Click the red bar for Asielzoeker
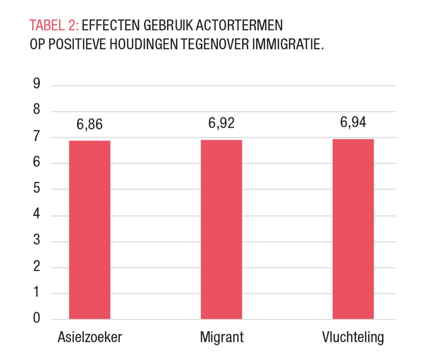[89, 230]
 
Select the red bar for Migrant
[221, 229]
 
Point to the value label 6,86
[89, 125]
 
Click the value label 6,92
[221, 123]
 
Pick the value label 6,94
[353, 122]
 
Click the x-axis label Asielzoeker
[90, 337]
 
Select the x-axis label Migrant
[222, 337]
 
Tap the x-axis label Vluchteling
[353, 337]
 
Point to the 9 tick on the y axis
[37, 84]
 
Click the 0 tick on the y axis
[37, 318]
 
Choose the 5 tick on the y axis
[37, 188]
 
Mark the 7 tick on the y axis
[37, 137]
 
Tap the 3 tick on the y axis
[37, 240]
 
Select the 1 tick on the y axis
[37, 293]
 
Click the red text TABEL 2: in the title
[55, 26]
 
